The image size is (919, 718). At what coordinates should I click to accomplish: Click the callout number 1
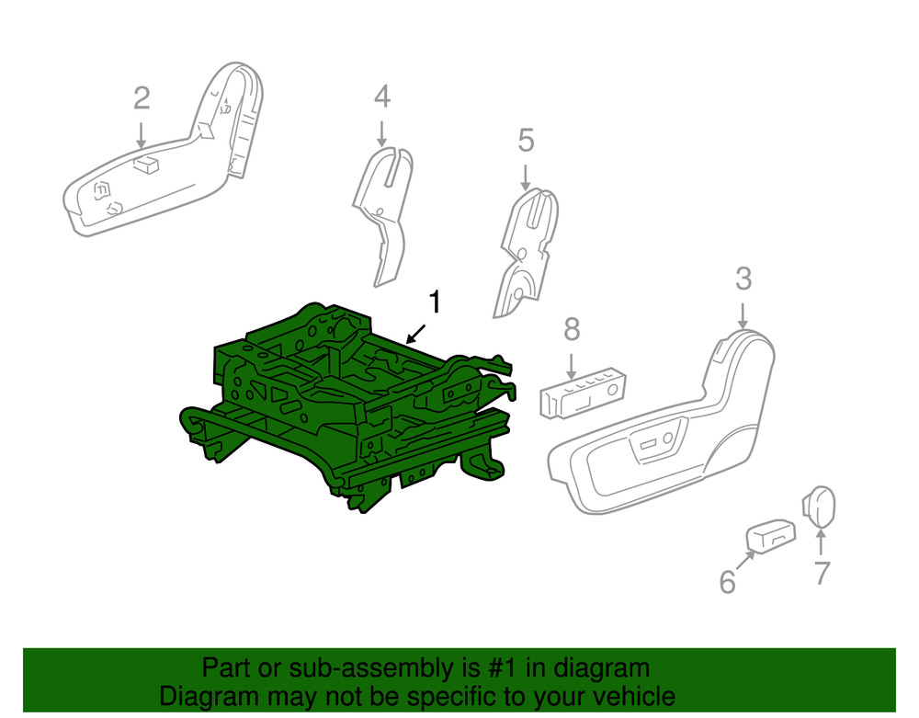click(x=435, y=302)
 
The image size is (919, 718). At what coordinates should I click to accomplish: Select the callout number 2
click(x=142, y=98)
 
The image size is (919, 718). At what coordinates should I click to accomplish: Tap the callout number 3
click(x=743, y=279)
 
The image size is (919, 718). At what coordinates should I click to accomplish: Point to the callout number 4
click(x=382, y=97)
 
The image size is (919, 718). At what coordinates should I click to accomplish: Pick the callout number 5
click(x=526, y=141)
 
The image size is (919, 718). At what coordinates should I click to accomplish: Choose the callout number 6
click(x=727, y=581)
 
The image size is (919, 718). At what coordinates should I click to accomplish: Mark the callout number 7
click(x=822, y=573)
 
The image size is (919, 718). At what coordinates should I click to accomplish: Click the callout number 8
click(x=572, y=329)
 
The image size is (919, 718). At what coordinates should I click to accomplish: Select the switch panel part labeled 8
click(x=584, y=393)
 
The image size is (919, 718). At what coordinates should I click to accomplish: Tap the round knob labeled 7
click(x=819, y=507)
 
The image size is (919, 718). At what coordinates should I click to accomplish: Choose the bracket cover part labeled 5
click(x=526, y=252)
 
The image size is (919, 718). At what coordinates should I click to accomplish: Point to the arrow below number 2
click(x=141, y=135)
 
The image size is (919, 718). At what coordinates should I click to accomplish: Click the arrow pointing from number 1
click(x=416, y=334)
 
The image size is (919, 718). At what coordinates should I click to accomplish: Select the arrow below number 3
click(x=743, y=316)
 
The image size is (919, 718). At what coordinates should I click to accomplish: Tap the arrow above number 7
click(x=821, y=541)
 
